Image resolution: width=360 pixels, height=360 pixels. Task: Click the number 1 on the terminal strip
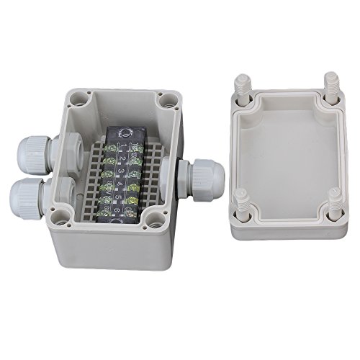click(x=122, y=146)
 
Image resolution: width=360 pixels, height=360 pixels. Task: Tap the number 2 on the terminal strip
click(x=123, y=158)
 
